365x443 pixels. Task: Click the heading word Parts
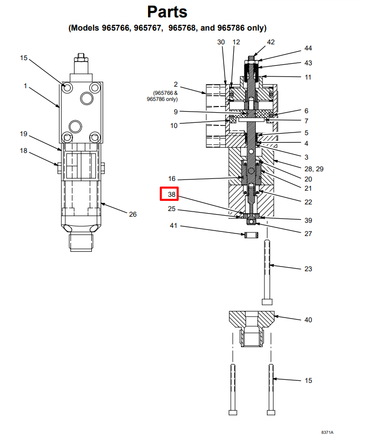click(167, 12)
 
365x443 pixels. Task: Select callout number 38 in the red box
click(172, 194)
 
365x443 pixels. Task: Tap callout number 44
click(308, 48)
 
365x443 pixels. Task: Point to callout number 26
click(133, 215)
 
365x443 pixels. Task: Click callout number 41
click(174, 226)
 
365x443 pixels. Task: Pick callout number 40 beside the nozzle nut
click(308, 320)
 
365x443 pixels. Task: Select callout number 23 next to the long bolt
click(308, 269)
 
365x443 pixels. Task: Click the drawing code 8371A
click(327, 432)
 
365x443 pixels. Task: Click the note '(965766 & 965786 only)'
click(162, 96)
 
